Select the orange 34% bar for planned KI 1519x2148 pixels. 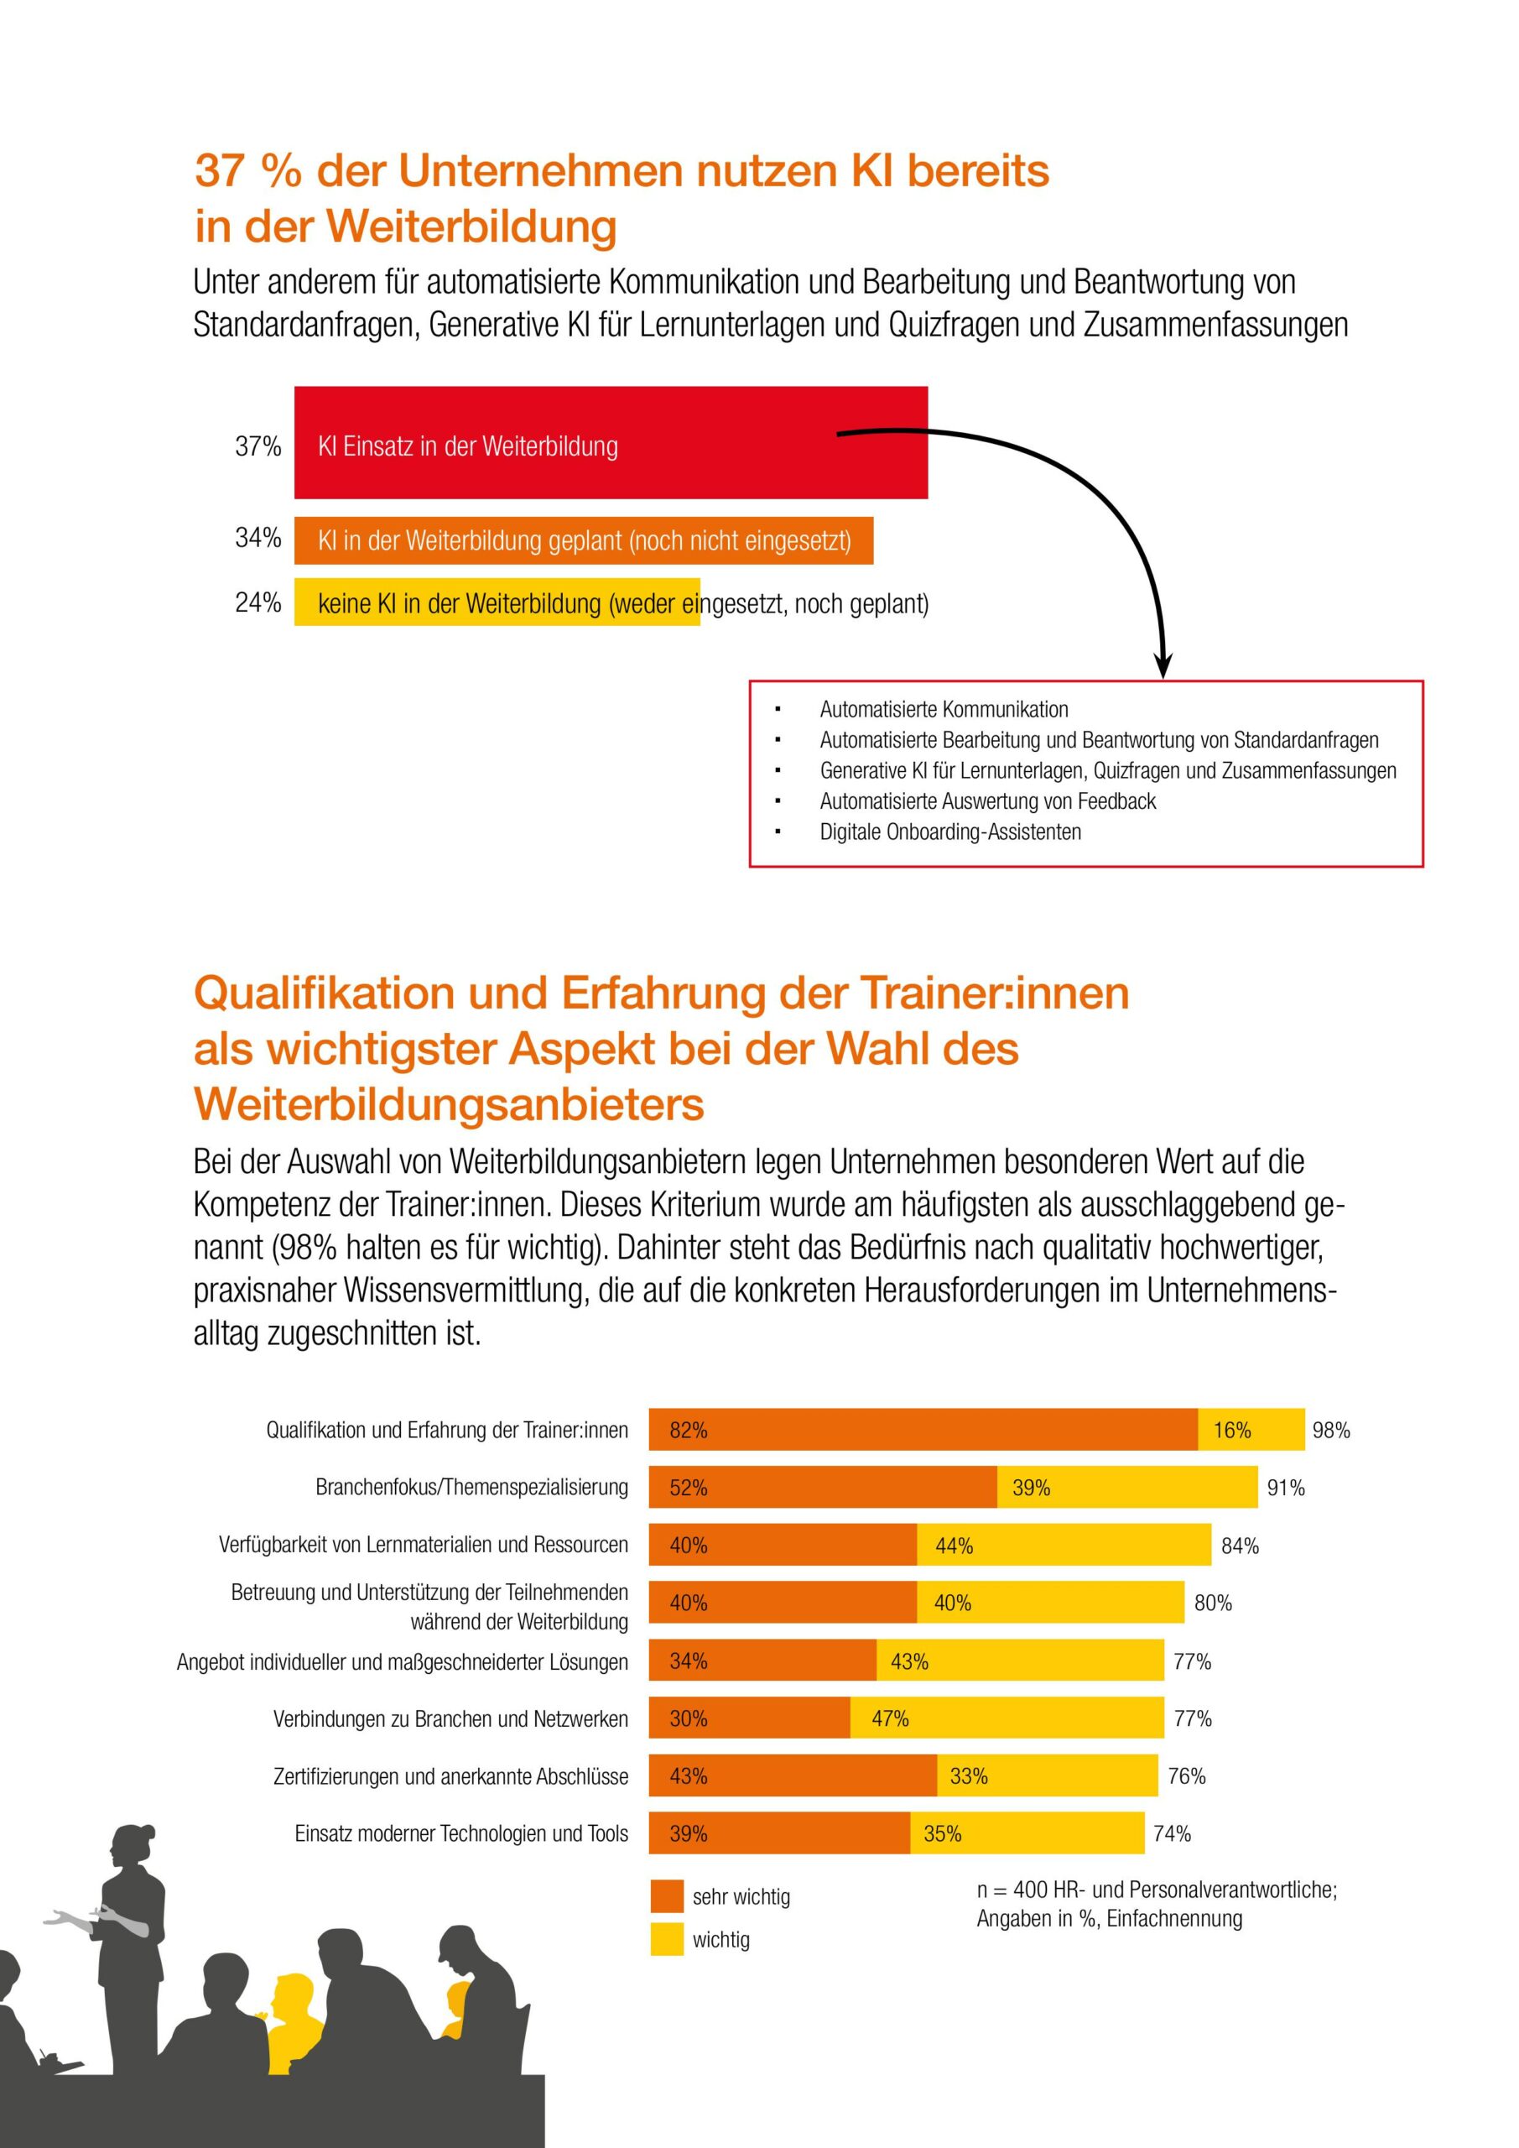point(584,540)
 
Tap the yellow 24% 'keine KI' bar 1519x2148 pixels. point(497,602)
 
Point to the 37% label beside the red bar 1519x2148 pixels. point(258,446)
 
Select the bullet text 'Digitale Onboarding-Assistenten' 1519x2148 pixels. point(949,832)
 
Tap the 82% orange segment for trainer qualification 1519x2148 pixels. point(923,1430)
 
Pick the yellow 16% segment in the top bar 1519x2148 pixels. point(1251,1430)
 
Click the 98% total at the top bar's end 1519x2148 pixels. point(1331,1431)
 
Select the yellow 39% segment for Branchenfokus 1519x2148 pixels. point(1126,1488)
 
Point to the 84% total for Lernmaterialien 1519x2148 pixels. point(1240,1546)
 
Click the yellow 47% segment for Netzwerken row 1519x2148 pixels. point(1007,1718)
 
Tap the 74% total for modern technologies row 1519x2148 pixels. point(1172,1833)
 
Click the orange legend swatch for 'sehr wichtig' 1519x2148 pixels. point(667,1896)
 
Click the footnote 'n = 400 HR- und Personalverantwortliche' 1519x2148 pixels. point(1156,1890)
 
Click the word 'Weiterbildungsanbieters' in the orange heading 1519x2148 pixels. point(449,1104)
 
